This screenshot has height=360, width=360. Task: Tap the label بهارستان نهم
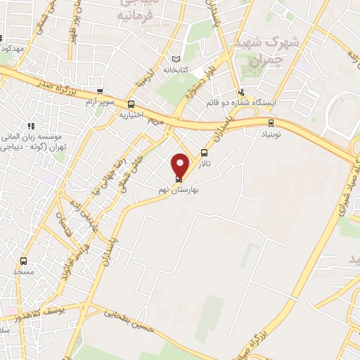(x=181, y=190)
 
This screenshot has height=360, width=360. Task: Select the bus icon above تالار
(x=205, y=153)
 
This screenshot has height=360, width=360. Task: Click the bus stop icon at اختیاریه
(x=131, y=104)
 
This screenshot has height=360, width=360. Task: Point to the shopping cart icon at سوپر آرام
(x=100, y=91)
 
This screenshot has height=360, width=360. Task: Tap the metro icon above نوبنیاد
(x=269, y=120)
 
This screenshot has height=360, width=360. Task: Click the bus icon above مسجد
(x=24, y=261)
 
